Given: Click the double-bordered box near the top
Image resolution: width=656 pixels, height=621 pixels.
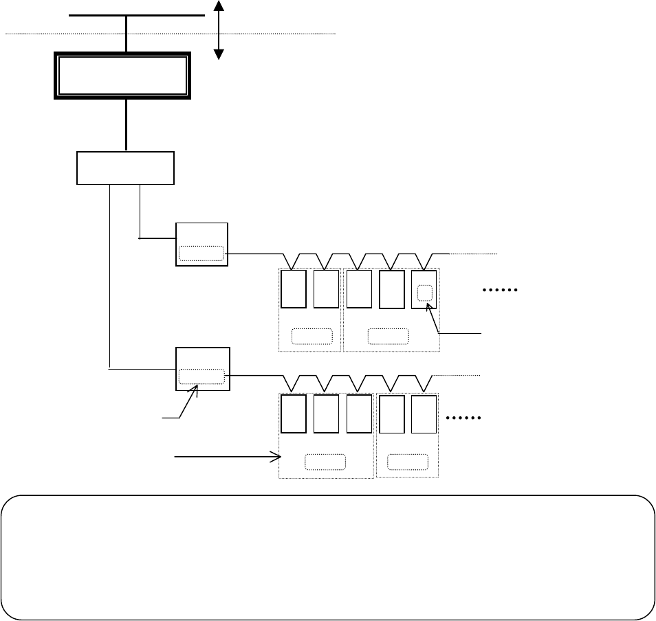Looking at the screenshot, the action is [x=122, y=76].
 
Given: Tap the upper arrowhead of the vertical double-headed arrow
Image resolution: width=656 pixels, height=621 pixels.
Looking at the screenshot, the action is [x=219, y=5].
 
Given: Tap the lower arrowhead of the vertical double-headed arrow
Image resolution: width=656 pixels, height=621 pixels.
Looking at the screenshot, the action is [x=219, y=55].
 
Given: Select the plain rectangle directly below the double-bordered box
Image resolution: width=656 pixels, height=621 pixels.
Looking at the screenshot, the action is [x=125, y=168].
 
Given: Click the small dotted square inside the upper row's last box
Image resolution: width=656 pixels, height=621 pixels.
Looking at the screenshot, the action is [x=425, y=292].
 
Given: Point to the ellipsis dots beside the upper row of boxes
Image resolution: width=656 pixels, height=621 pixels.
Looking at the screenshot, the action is [x=500, y=291].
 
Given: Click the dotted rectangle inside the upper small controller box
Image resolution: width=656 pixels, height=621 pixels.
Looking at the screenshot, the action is [x=201, y=253].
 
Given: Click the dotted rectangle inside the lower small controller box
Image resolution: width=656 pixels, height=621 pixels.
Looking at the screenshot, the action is [x=201, y=376].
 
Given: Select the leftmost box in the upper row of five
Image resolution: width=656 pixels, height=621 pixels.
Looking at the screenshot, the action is [x=294, y=289].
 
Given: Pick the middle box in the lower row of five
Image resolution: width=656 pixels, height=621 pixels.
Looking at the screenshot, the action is [x=359, y=414].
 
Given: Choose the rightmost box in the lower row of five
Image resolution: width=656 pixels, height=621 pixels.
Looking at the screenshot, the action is [x=424, y=414].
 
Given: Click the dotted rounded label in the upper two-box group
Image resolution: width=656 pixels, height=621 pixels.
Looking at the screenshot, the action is [x=311, y=336].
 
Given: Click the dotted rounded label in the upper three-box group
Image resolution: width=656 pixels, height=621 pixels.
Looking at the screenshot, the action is [x=388, y=336].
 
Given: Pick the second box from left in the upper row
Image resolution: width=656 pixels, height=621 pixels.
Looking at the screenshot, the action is [x=326, y=289].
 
